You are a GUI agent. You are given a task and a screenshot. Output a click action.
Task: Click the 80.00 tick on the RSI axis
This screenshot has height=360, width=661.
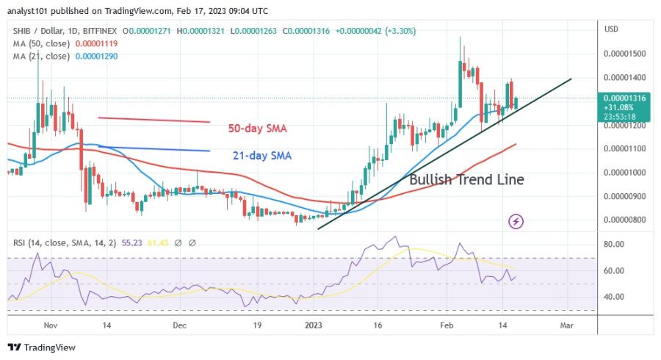614,244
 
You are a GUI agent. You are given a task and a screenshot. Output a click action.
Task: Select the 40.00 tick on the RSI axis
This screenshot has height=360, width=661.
614,297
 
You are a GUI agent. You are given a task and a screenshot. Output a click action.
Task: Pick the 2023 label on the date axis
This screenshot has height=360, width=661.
314,324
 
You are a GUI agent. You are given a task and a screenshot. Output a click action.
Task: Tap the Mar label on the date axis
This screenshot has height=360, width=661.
566,324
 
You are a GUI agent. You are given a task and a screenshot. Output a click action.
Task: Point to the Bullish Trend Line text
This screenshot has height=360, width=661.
466,180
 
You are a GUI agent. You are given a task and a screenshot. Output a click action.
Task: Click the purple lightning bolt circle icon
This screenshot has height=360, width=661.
516,220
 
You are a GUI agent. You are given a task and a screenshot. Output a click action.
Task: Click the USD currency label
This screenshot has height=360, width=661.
611,29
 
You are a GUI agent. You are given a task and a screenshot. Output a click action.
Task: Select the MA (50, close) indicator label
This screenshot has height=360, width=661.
40,43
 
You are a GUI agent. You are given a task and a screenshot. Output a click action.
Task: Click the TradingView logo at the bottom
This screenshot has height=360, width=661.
42,348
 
